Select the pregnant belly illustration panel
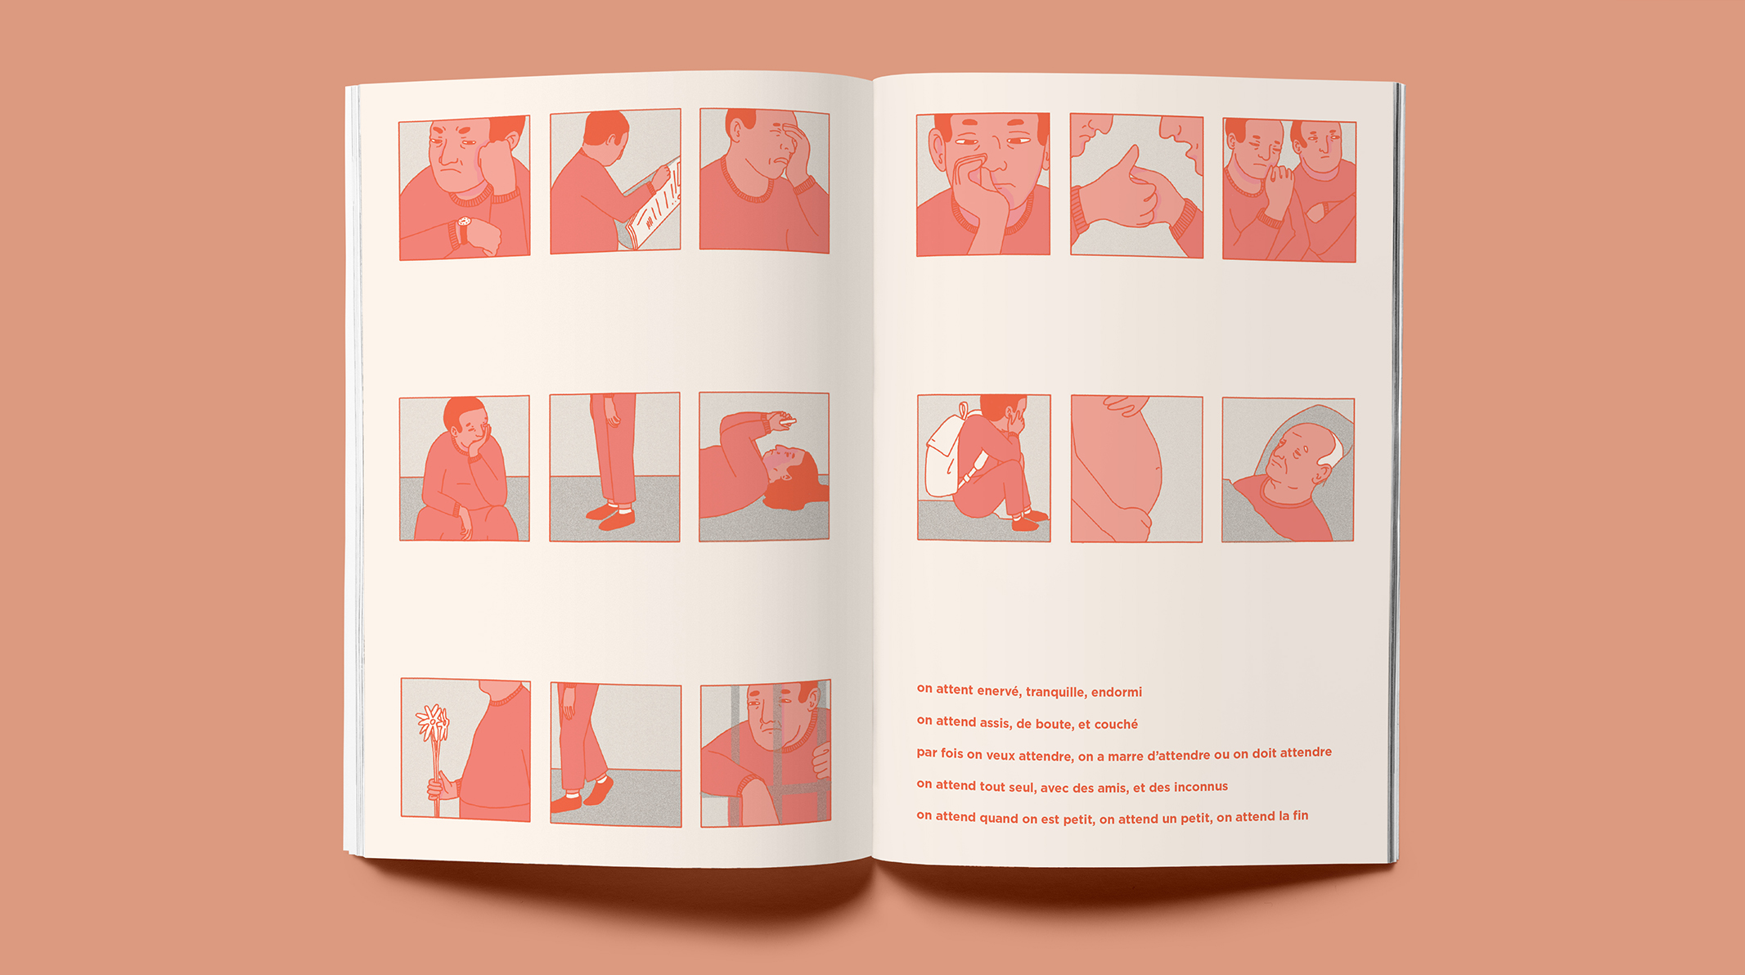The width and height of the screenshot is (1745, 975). (x=1136, y=469)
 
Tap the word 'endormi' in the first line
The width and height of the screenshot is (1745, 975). (x=1117, y=692)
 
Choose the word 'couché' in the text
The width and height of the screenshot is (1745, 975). (x=1116, y=724)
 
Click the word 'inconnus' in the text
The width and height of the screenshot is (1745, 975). (x=1201, y=787)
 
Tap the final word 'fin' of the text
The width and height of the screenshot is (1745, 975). (x=1300, y=815)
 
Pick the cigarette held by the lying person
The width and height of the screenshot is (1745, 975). (x=786, y=421)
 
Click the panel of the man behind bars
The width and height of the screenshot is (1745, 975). (x=766, y=753)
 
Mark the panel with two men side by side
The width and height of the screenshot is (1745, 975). (x=1289, y=191)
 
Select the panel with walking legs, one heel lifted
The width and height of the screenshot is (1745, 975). (x=616, y=755)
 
